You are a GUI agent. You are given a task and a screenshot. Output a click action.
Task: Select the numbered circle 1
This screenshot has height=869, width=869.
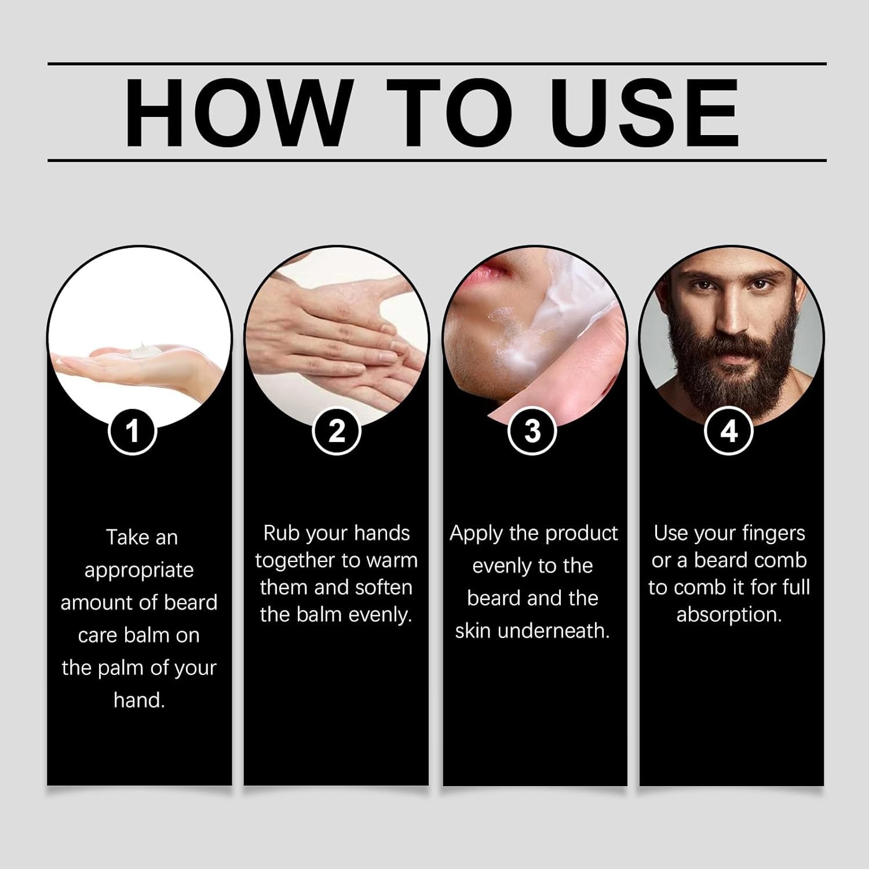(x=133, y=431)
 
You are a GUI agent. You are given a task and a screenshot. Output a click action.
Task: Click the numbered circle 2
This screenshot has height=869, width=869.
(x=337, y=431)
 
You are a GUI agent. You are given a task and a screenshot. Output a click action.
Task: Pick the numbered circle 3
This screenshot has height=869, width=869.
(x=532, y=431)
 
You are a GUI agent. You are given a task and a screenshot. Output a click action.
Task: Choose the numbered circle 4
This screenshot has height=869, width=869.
(x=729, y=431)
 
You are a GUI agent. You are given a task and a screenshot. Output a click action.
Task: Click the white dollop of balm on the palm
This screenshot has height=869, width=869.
(x=141, y=350)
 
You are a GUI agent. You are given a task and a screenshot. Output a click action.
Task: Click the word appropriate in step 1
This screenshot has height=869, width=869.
(x=139, y=570)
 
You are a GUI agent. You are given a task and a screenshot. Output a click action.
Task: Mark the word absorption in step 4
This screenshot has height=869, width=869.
(x=729, y=614)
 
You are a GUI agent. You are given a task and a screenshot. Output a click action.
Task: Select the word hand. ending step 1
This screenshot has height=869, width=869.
(x=139, y=700)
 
